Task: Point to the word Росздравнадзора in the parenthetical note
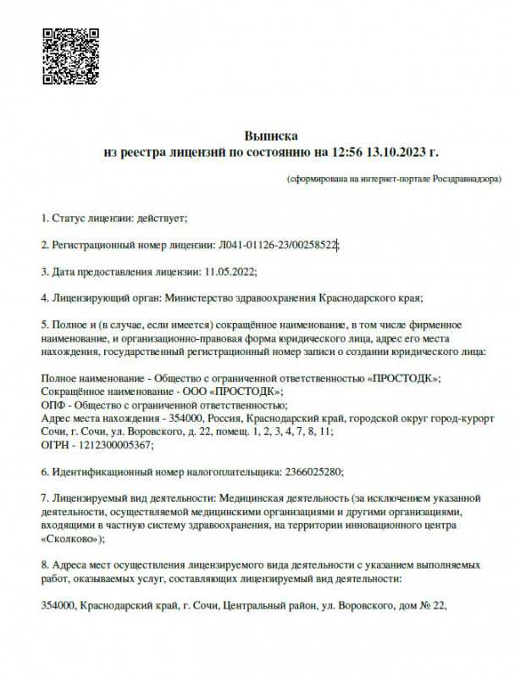click(465, 180)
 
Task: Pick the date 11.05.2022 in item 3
click(230, 271)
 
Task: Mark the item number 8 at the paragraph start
click(45, 564)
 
